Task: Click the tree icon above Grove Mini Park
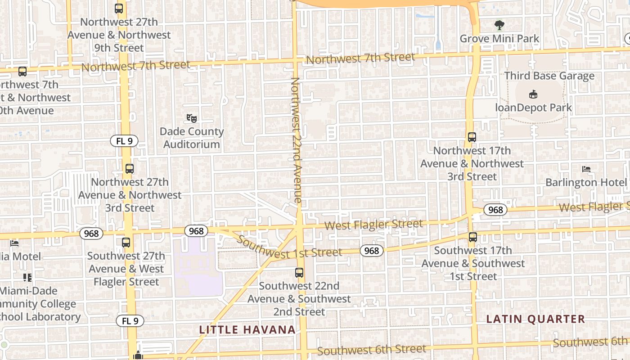(x=499, y=25)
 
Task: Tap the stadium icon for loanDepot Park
(x=533, y=94)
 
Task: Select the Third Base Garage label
(x=549, y=76)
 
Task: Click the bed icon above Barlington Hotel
(x=586, y=169)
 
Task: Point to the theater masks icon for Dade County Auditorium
(x=192, y=118)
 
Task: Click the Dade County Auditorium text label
(x=192, y=138)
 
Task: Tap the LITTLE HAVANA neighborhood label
(x=247, y=330)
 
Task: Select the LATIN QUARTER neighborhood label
(x=535, y=319)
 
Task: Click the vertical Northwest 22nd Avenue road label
(x=296, y=139)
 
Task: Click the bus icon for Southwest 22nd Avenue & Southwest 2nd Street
(x=299, y=273)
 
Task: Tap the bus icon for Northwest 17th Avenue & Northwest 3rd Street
(x=472, y=137)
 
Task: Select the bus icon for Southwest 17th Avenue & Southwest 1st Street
(x=472, y=237)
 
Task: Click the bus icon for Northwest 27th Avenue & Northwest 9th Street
(x=119, y=9)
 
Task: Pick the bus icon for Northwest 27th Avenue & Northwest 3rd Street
(x=130, y=169)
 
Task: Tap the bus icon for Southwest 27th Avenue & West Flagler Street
(x=126, y=243)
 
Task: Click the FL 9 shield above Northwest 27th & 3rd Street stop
(x=124, y=141)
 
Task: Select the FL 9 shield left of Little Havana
(x=130, y=321)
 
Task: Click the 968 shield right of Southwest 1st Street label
(x=371, y=251)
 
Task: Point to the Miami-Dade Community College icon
(x=27, y=278)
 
